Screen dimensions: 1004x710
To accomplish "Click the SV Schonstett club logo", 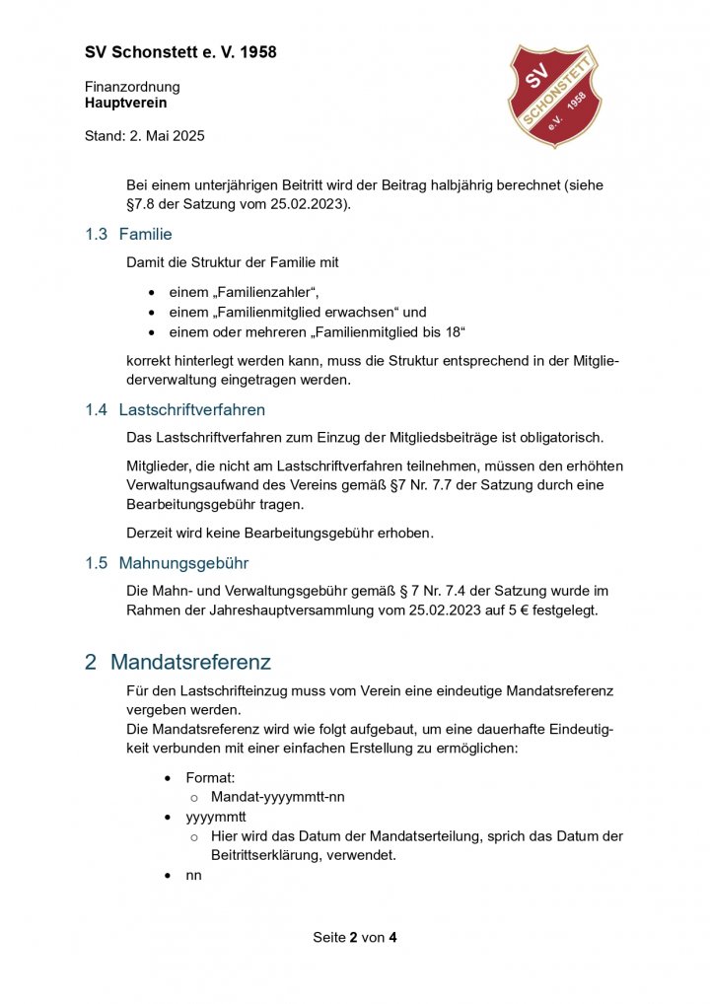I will coord(552,96).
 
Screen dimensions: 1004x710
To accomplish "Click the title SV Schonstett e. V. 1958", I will coord(180,52).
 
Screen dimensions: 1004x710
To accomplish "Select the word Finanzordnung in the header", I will coord(132,87).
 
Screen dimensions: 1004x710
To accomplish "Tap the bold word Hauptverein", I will coord(125,103).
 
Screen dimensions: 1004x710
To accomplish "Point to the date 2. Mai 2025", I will coord(167,136).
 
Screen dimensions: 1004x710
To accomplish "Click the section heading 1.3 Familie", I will coord(128,235).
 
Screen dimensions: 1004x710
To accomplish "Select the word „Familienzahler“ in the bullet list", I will coord(267,292).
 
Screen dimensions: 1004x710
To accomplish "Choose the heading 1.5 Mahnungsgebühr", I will coord(166,563).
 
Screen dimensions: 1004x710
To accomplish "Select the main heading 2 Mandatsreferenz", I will coord(177,662).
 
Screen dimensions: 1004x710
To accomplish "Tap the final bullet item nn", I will coord(193,874).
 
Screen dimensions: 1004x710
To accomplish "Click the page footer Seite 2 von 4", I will coord(355,937).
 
